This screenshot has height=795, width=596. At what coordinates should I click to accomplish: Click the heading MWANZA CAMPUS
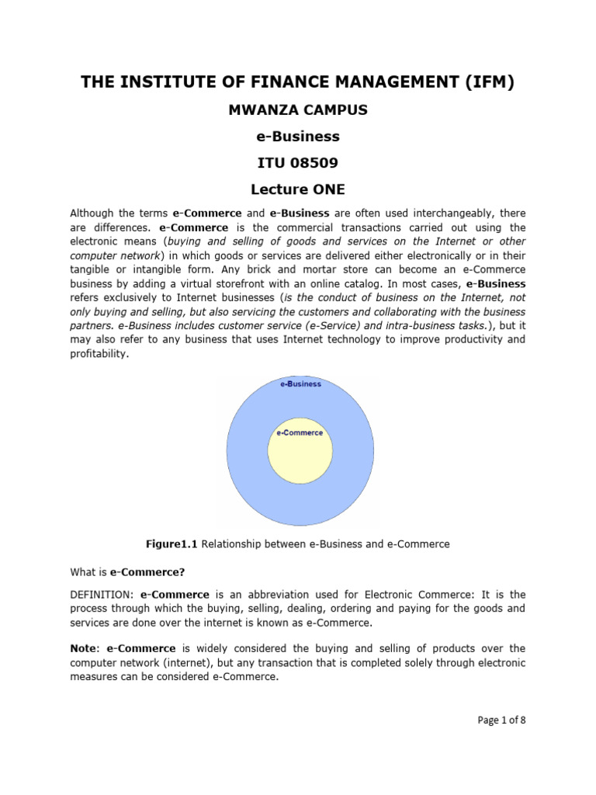pyautogui.click(x=298, y=110)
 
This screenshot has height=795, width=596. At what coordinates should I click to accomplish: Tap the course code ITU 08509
pyautogui.click(x=298, y=162)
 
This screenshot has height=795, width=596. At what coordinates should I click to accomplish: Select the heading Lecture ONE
pyautogui.click(x=298, y=189)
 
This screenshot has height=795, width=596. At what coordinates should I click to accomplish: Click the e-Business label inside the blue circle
pyautogui.click(x=300, y=384)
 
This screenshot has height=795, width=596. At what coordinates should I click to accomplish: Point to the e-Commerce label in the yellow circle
pyautogui.click(x=300, y=432)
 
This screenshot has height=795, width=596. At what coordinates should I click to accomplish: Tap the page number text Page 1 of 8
pyautogui.click(x=501, y=720)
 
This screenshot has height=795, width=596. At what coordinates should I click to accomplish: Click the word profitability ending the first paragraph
pyautogui.click(x=98, y=353)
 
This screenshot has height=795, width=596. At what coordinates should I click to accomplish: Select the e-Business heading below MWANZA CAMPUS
pyautogui.click(x=298, y=137)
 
